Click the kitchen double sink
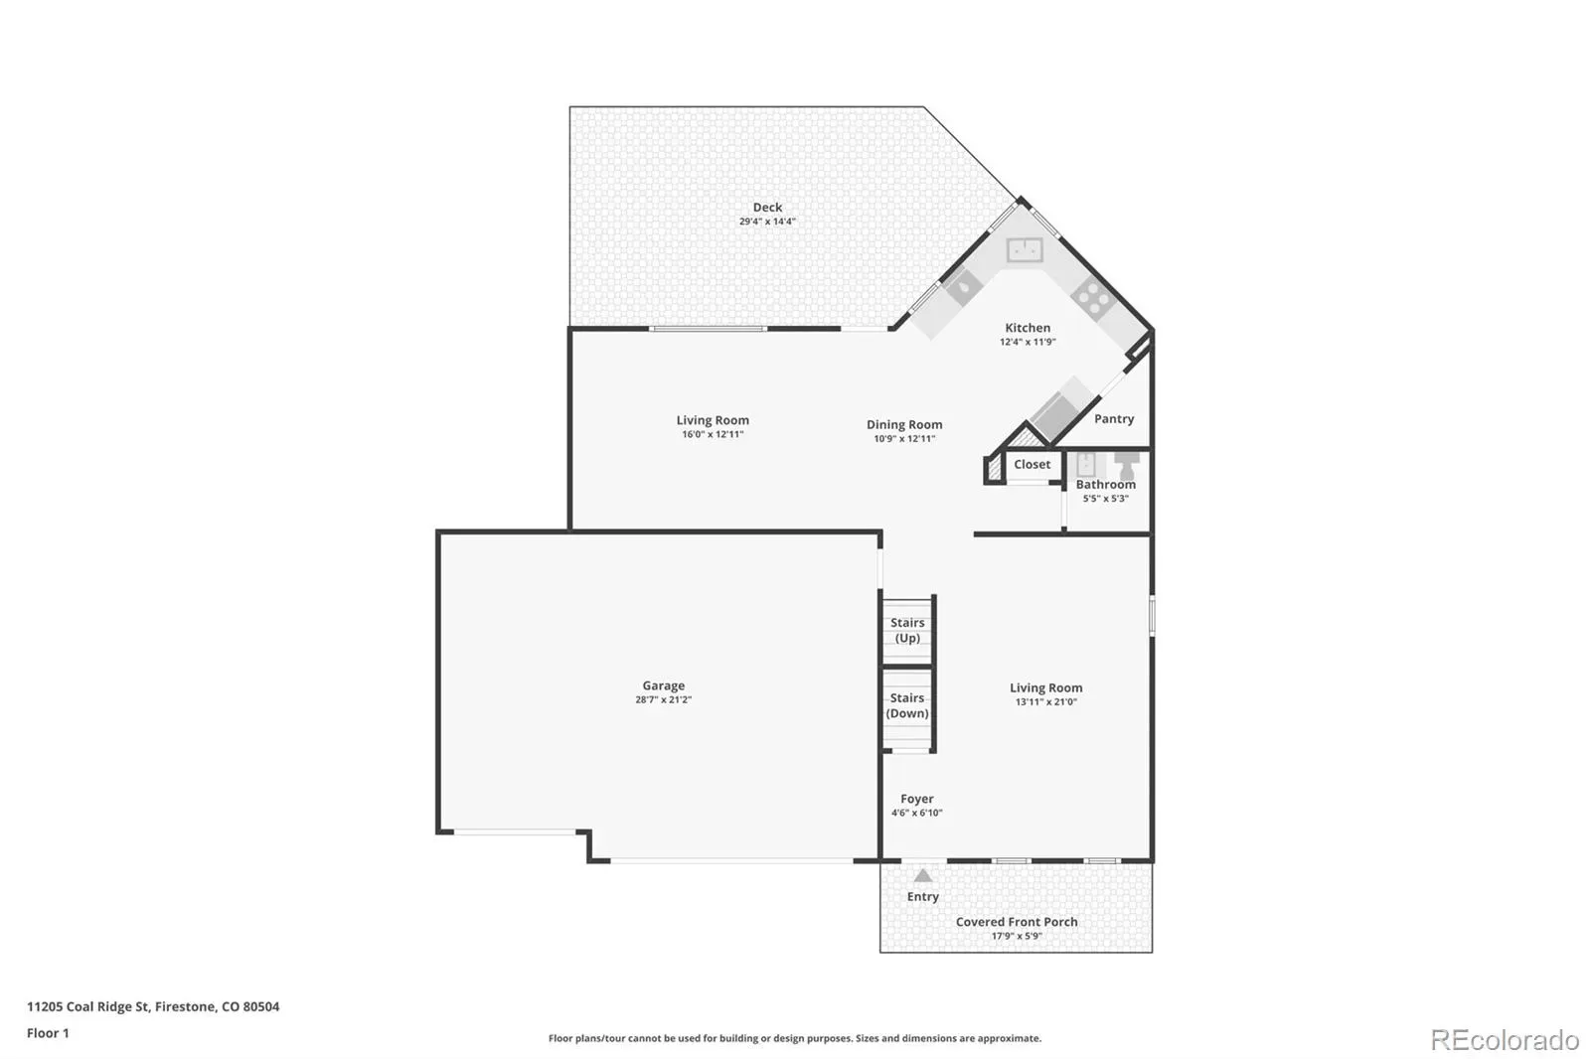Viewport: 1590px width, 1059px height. pos(1025,249)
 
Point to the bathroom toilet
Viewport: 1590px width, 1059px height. pos(1127,465)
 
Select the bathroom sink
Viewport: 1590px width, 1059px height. pos(1086,465)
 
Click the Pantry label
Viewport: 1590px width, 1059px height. pos(1114,419)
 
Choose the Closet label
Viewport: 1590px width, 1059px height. pos(1033,464)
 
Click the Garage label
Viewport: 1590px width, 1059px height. pos(664,685)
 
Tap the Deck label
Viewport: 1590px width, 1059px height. pos(767,208)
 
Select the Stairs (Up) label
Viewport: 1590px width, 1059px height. pos(908,630)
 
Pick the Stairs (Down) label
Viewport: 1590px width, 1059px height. pos(907,705)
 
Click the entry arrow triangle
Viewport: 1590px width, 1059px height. pos(923,875)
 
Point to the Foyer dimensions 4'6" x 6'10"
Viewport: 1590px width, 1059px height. pos(917,813)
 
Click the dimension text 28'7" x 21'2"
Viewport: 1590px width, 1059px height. pos(664,699)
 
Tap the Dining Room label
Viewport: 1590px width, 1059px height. pos(904,424)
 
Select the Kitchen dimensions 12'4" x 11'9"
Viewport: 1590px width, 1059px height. pos(1028,342)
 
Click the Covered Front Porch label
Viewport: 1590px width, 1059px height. pos(1017,922)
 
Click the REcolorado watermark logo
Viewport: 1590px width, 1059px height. pos(1505,1040)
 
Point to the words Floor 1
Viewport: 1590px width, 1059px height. pos(49,1033)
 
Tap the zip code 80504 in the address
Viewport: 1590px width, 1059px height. pos(261,1006)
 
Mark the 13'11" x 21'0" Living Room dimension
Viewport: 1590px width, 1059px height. pos(1046,702)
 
